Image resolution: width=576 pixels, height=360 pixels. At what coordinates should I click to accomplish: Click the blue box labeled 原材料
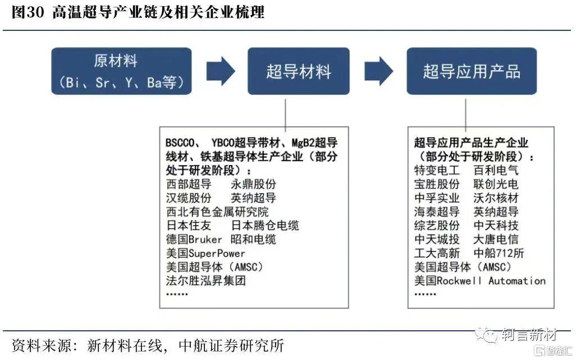point(121,71)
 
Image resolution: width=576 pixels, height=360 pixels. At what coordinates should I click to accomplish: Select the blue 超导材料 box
point(298,71)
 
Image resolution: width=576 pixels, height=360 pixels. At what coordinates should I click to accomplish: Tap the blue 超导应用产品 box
point(472,71)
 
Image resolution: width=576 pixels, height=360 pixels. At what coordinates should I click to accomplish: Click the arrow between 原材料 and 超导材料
point(221,71)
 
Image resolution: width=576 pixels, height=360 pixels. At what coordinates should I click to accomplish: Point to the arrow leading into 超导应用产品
point(379,71)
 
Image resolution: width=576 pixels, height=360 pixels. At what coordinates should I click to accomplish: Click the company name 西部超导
point(189,184)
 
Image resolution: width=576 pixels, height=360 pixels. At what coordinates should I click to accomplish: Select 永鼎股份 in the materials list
point(253,184)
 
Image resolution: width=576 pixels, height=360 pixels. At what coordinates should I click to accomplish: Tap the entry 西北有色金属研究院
point(217,212)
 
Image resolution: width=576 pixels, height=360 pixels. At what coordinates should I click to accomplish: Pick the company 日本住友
point(189,225)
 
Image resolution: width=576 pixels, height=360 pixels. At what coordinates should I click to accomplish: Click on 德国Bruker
point(194,239)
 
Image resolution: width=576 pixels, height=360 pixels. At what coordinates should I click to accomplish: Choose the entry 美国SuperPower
point(205,253)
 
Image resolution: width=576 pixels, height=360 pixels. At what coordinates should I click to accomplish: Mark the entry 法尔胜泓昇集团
point(205,281)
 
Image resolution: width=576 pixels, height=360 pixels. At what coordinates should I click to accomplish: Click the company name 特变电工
point(437,170)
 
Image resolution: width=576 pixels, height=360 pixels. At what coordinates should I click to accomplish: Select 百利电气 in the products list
point(496,170)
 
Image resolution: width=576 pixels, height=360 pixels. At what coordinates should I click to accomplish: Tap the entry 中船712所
point(499,253)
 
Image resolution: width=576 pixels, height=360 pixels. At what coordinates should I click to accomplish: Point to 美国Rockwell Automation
point(480,281)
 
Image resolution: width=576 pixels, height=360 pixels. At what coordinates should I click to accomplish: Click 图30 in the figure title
point(28,12)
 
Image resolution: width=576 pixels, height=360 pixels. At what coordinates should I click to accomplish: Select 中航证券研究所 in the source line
point(231,345)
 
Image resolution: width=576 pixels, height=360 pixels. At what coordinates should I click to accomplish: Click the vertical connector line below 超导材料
point(285,115)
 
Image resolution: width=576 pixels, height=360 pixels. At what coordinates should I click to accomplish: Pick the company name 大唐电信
point(496,239)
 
